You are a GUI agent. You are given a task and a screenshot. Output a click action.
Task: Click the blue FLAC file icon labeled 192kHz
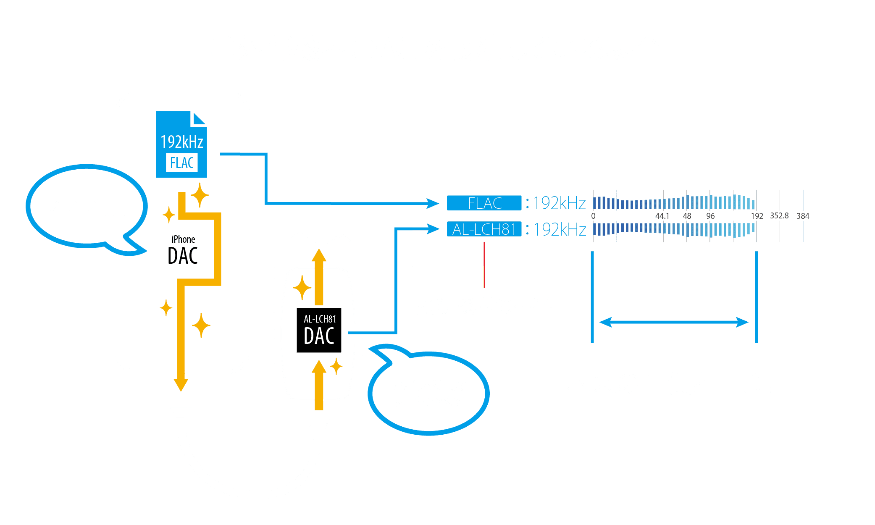[181, 144]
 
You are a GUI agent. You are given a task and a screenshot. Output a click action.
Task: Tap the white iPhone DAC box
[183, 251]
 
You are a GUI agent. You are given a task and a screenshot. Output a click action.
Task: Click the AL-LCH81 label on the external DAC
[320, 319]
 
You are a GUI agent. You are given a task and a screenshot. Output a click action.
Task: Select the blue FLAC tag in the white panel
[484, 203]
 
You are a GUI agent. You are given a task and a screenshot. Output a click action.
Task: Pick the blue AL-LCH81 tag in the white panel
[484, 229]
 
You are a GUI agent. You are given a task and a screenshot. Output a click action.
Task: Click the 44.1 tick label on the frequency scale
[662, 216]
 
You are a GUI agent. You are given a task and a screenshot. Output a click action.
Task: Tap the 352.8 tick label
[779, 215]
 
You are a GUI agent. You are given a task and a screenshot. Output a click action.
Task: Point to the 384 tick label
[803, 216]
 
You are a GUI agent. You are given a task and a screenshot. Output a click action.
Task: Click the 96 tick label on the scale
[710, 216]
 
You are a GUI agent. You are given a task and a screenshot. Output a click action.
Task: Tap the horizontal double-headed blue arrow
[674, 323]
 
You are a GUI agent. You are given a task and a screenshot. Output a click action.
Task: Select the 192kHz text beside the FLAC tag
[559, 203]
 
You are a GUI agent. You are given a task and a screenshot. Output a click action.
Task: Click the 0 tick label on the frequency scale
[593, 216]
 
